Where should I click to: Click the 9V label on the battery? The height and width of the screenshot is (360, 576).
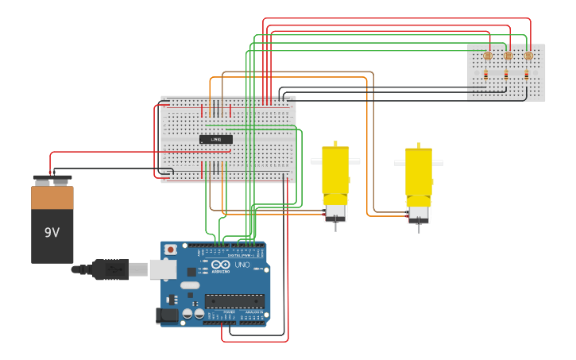click(52, 233)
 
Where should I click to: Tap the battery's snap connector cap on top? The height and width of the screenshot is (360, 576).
click(52, 179)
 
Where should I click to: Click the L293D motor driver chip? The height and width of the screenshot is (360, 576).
click(216, 139)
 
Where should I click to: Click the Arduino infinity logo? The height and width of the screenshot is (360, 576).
click(222, 265)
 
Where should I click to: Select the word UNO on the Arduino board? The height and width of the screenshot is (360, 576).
click(242, 265)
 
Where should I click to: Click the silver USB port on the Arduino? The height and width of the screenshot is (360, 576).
click(163, 269)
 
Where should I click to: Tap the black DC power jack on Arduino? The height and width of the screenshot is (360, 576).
click(167, 315)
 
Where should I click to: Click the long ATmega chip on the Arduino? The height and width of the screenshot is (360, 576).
click(234, 301)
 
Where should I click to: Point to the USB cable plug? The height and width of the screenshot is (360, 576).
click(111, 269)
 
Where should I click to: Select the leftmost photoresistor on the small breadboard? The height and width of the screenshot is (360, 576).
click(488, 56)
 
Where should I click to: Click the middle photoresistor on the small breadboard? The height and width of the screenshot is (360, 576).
click(508, 56)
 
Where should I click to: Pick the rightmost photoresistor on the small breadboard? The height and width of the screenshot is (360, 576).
click(528, 56)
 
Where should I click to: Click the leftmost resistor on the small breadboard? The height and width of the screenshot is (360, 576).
click(485, 75)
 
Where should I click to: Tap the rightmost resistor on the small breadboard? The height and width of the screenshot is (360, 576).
click(526, 75)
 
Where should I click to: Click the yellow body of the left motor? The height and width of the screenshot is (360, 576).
click(335, 171)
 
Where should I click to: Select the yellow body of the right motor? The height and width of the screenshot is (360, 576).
click(419, 173)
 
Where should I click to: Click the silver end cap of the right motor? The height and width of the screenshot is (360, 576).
click(419, 213)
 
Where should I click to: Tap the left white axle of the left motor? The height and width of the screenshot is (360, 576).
click(316, 161)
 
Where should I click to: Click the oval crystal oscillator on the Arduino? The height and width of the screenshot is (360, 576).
click(190, 285)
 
